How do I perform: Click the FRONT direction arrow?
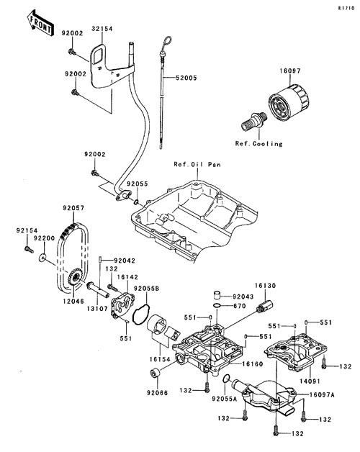[40, 23]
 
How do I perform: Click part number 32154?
[102, 29]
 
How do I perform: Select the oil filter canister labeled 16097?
[289, 101]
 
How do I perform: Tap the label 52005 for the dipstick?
[186, 78]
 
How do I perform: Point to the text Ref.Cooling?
[258, 143]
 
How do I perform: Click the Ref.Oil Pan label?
[197, 164]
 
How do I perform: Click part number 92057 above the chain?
[73, 208]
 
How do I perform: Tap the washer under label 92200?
[43, 257]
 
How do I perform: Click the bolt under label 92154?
[27, 249]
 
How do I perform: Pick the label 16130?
[266, 286]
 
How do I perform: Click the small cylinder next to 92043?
[217, 296]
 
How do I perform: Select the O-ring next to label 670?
[217, 306]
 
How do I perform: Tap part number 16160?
[253, 364]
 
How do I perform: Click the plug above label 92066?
[155, 373]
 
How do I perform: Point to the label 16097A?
[322, 395]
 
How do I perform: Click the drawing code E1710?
[346, 8]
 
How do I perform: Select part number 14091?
[310, 381]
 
